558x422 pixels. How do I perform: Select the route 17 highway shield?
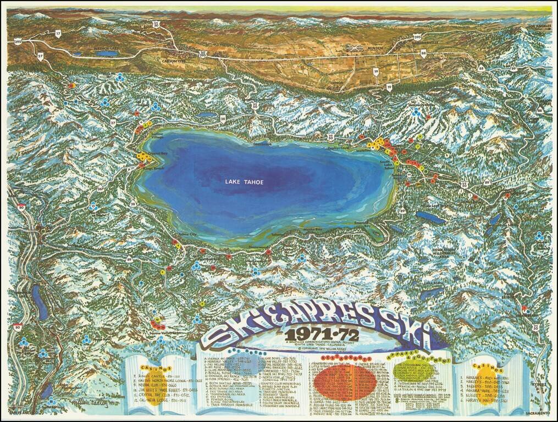point(59,34)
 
